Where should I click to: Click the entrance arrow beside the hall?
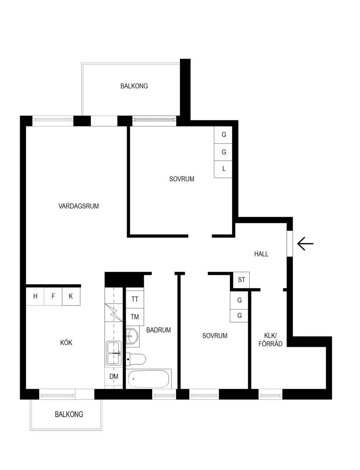pos(305,243)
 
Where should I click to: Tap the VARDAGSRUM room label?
pos(79,206)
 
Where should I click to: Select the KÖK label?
pos(66,342)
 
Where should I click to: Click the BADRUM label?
pos(158,330)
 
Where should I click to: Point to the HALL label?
pos(261,254)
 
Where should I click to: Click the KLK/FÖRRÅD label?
pos(270,340)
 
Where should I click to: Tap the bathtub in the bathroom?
pos(149,379)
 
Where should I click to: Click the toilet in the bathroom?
pos(136,359)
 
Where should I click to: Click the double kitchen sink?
pos(114,353)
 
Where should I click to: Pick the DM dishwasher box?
pos(113,376)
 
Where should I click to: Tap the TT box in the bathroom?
pos(135,299)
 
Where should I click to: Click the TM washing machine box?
pos(135,317)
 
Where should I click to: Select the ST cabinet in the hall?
pos(241,280)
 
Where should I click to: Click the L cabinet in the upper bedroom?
pos(223,169)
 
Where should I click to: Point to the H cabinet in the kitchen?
pos(35,296)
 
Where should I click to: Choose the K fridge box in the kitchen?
pos(71,296)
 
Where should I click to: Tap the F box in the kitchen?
pos(53,296)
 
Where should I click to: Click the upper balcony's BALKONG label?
pos(134,86)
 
